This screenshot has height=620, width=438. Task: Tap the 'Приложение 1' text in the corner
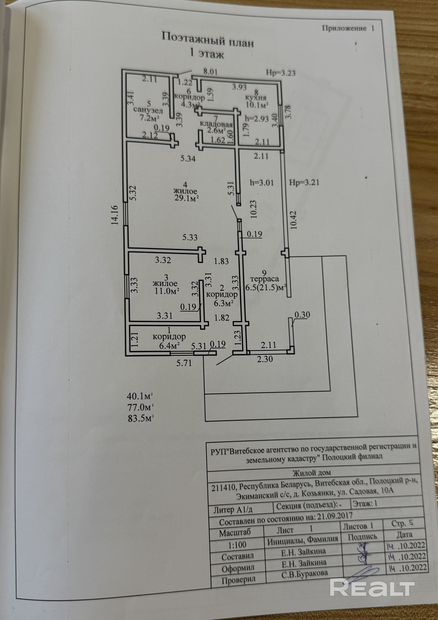[x=348, y=28]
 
